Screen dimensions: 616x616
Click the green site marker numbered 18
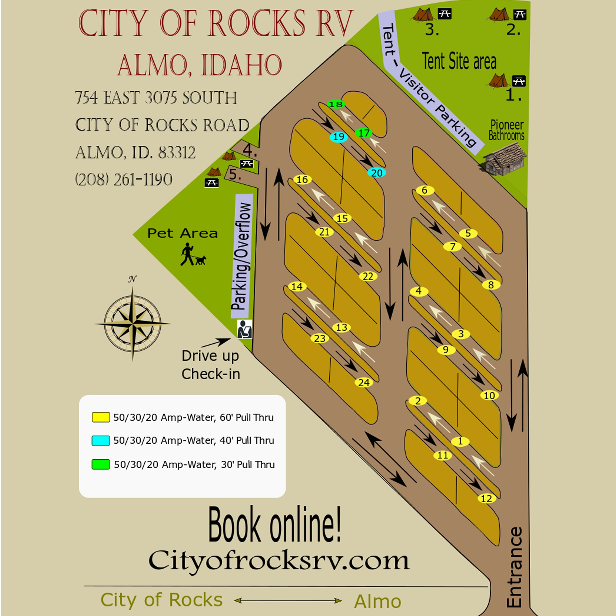(335, 104)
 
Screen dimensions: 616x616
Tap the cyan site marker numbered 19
(338, 137)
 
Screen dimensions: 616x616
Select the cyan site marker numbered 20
(377, 173)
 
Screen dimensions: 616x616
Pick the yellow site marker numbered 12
(487, 498)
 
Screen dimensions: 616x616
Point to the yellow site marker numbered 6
(425, 190)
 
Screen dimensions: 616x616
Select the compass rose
(133, 323)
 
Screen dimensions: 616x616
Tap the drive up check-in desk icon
(244, 329)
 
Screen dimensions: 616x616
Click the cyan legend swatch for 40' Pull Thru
(100, 440)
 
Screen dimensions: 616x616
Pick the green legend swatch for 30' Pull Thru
(100, 464)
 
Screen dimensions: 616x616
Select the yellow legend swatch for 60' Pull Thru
(100, 417)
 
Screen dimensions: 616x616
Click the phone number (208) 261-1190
(124, 180)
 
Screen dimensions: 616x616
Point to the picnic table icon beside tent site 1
(519, 81)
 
